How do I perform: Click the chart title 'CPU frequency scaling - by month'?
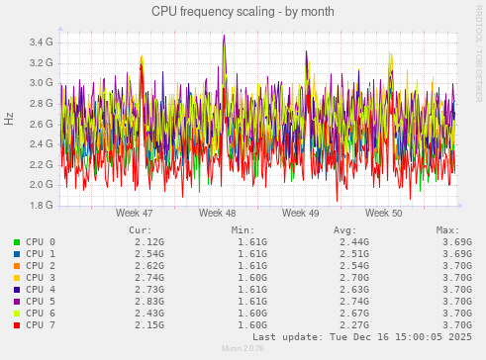pyautogui.click(x=243, y=11)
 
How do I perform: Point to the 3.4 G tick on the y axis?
pyautogui.click(x=41, y=43)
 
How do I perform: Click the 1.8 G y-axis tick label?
pyautogui.click(x=41, y=206)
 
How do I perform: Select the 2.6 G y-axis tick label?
pyautogui.click(x=41, y=124)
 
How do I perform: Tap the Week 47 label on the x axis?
pyautogui.click(x=134, y=213)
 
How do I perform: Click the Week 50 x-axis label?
pyautogui.click(x=383, y=213)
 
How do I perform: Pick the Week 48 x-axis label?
pyautogui.click(x=217, y=213)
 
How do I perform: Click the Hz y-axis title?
pyautogui.click(x=9, y=119)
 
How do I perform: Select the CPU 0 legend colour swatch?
pyautogui.click(x=17, y=241)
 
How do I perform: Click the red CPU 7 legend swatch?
pyautogui.click(x=17, y=324)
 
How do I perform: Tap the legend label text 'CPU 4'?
pyautogui.click(x=41, y=289)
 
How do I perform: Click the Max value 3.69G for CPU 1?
pyautogui.click(x=456, y=253)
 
